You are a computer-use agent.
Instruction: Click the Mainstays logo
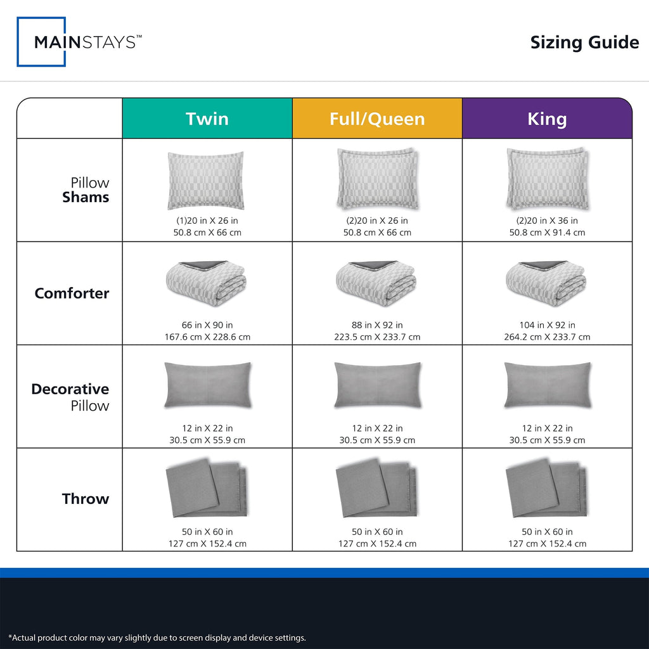click(x=79, y=42)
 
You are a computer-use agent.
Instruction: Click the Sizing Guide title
click(x=584, y=42)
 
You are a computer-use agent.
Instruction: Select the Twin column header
click(x=207, y=119)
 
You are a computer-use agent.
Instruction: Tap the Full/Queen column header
click(x=377, y=119)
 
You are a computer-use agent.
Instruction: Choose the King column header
click(x=547, y=119)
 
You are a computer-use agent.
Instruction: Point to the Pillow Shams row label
click(x=86, y=190)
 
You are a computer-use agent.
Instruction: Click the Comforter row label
click(x=72, y=293)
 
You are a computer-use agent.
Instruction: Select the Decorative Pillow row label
click(x=70, y=397)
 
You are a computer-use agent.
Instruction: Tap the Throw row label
click(x=86, y=499)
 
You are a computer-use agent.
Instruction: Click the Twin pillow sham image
click(x=206, y=181)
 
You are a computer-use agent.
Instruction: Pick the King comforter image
click(x=546, y=283)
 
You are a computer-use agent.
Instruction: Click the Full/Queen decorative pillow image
click(x=378, y=385)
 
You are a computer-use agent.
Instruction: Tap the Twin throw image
click(x=206, y=487)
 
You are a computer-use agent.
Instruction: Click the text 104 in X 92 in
click(x=547, y=325)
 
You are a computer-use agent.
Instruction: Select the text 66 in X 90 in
click(x=207, y=325)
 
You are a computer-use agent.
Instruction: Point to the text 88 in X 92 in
click(x=377, y=325)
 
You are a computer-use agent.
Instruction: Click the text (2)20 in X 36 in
click(x=547, y=221)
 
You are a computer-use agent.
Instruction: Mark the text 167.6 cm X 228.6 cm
click(x=207, y=337)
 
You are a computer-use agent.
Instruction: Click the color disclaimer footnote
click(x=157, y=638)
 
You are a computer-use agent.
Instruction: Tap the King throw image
click(x=546, y=487)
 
